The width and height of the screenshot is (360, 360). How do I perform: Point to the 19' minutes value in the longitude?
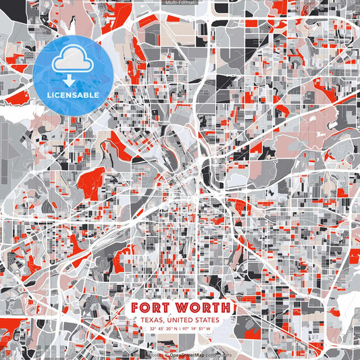(x=195, y=330)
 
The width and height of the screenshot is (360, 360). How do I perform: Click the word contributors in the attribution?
(x=218, y=354)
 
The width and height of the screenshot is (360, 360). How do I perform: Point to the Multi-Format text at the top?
(x=180, y=3)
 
